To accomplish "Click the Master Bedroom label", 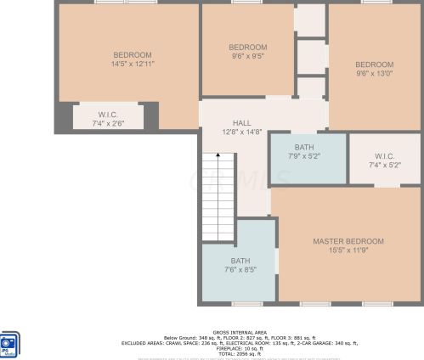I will point(348,241).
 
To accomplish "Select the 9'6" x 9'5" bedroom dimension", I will point(247,56).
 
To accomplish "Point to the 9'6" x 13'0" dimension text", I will point(374,74).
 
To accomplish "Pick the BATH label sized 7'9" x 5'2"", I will point(303,147).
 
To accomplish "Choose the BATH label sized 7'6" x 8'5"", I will point(240,261).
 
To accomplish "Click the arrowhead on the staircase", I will point(218,155).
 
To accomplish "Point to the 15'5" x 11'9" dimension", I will point(348,250).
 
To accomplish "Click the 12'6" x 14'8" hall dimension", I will point(241,132).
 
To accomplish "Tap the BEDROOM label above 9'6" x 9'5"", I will point(247,47).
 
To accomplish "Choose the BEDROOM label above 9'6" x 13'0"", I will point(374,65).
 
